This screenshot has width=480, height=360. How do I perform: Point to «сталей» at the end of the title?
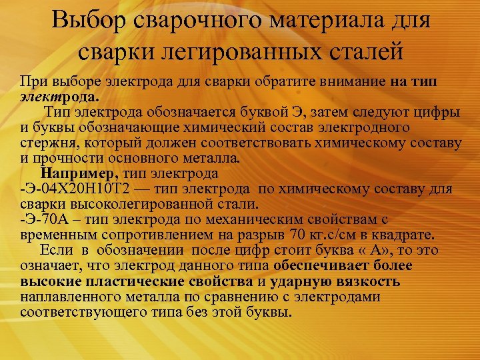[x=359, y=51]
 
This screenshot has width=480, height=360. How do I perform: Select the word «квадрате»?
[x=404, y=234]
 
